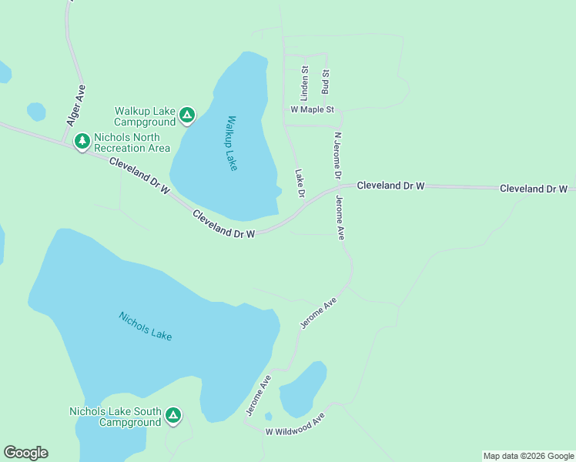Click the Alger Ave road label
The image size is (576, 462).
pos(75,105)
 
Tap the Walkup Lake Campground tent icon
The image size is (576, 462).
pos(186,116)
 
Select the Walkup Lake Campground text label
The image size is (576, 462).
pos(145,116)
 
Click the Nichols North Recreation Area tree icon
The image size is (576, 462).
pos(82,142)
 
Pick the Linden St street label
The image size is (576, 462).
pos(304,84)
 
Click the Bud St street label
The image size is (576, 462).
pos(326,82)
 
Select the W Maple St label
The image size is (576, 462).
pos(312,110)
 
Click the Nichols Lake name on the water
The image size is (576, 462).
pos(146,326)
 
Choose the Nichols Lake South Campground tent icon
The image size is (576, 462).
pos(173,417)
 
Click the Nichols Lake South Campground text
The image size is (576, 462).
pos(116,417)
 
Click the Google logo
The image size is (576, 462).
pos(25,452)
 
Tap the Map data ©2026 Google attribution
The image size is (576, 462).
pos(528,456)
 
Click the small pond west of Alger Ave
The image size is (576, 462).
pos(36,112)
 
